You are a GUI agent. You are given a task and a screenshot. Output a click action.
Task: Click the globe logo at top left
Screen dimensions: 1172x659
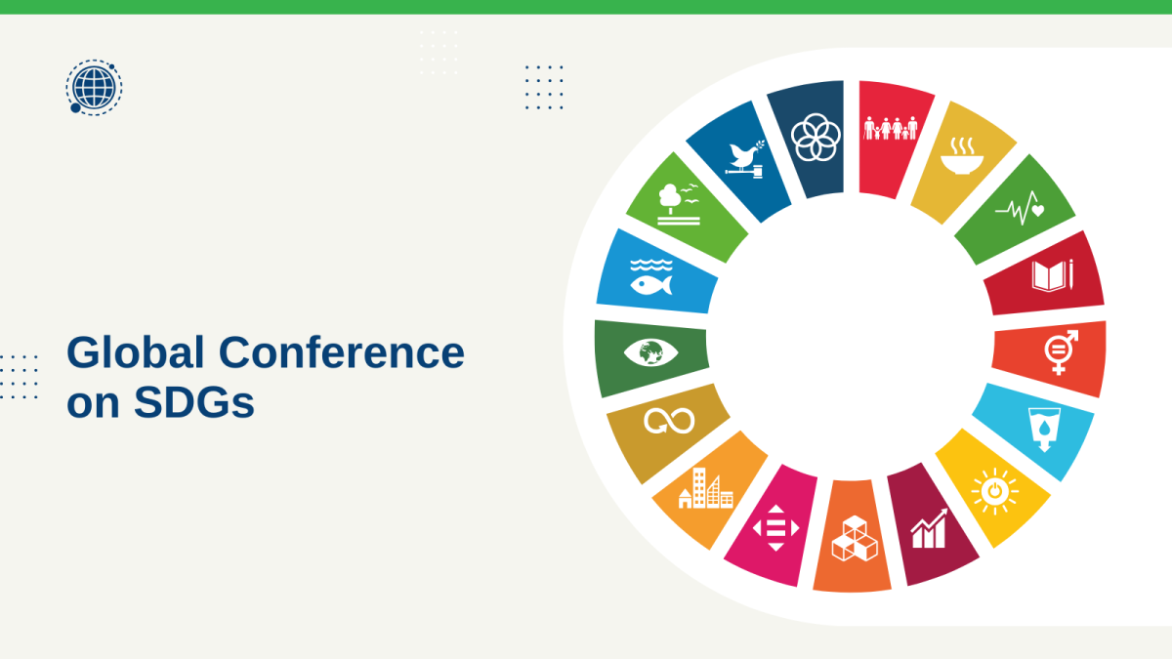click(x=94, y=87)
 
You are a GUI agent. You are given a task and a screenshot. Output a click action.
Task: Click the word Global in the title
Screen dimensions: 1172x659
click(x=136, y=352)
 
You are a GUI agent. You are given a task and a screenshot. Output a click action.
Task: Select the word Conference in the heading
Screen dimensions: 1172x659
click(x=341, y=352)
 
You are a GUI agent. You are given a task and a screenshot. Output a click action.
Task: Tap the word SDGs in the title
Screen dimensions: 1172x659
click(x=194, y=402)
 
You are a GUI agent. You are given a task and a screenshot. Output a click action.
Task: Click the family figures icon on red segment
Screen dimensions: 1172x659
click(x=891, y=129)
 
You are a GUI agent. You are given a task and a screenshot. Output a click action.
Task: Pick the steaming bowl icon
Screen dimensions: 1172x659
click(x=962, y=156)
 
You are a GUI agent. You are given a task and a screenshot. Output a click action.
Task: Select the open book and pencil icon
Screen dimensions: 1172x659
click(x=1052, y=275)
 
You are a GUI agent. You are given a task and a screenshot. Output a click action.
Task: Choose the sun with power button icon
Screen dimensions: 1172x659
click(x=994, y=492)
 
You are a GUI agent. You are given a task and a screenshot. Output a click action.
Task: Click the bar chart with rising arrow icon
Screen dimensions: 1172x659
click(x=929, y=528)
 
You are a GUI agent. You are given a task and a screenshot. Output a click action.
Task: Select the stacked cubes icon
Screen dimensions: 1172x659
click(x=855, y=538)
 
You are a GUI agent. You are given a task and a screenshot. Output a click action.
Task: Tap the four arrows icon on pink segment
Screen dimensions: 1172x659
click(x=775, y=528)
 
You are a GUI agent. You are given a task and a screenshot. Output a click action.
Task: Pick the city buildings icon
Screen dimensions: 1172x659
click(x=706, y=488)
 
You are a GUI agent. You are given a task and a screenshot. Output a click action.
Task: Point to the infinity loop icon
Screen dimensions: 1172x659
click(x=669, y=421)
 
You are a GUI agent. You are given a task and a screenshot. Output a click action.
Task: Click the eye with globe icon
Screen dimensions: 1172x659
click(x=650, y=352)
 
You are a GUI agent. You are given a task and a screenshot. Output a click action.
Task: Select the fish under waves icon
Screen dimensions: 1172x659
click(x=651, y=277)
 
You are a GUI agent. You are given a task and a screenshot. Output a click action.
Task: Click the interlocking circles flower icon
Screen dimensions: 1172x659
click(x=816, y=138)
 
